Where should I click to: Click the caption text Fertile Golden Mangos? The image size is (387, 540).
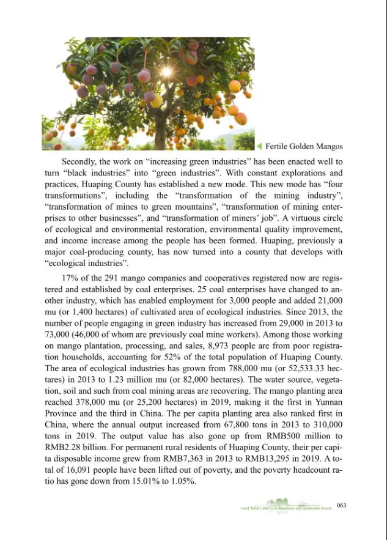[304, 146]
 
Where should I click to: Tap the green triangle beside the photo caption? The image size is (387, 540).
[259, 146]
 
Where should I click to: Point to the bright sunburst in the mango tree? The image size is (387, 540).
[166, 72]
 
